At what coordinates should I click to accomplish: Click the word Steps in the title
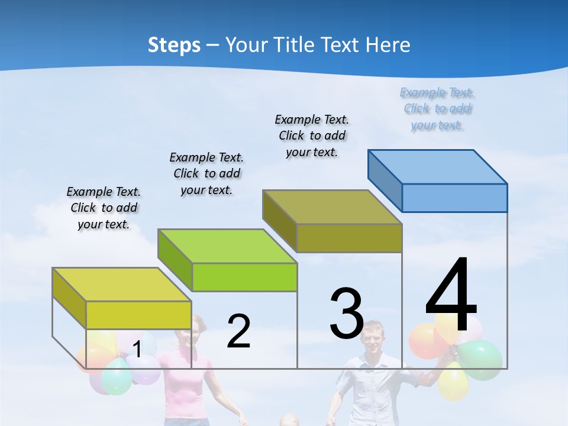[x=174, y=45]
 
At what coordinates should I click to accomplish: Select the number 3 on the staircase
[x=347, y=314]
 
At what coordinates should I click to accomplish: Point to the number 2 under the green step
[x=238, y=331]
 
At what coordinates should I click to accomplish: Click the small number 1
[x=137, y=350]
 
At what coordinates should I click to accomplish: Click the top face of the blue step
[x=438, y=166]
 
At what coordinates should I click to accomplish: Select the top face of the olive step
[x=333, y=207]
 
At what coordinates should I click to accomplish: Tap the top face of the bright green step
[x=227, y=246]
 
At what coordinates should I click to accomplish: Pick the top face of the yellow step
[x=122, y=285]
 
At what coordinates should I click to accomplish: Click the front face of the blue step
[x=454, y=198]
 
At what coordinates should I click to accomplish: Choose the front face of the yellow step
[x=138, y=315]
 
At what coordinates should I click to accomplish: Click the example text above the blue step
[x=437, y=109]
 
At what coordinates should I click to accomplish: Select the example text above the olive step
[x=312, y=135]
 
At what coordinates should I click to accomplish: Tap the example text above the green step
[x=206, y=173]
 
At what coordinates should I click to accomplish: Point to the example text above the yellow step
[x=104, y=208]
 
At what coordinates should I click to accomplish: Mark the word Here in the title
[x=388, y=45]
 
